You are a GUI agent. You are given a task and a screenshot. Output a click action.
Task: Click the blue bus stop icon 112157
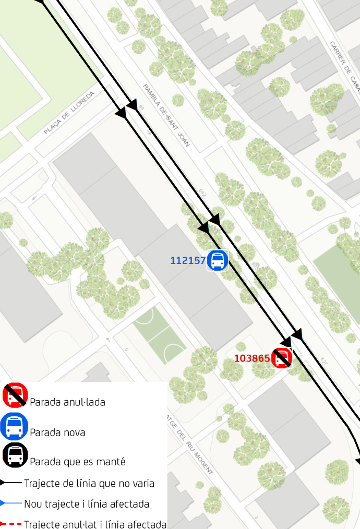click(x=218, y=260)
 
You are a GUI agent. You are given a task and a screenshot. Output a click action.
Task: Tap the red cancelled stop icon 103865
click(x=282, y=358)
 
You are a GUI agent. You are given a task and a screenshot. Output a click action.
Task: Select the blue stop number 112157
click(x=188, y=260)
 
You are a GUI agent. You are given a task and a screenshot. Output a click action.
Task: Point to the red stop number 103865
click(x=252, y=358)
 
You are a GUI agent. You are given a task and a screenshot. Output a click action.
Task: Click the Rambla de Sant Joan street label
click(x=166, y=115)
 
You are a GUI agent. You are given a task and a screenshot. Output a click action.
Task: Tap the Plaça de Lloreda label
click(x=69, y=112)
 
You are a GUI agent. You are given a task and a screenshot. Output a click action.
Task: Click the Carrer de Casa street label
click(x=344, y=66)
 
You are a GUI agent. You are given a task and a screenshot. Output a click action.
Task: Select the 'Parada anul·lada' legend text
click(x=67, y=402)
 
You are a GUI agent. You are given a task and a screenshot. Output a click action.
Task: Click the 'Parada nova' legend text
click(x=57, y=432)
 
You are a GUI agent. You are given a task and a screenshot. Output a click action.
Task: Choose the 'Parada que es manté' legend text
click(x=77, y=462)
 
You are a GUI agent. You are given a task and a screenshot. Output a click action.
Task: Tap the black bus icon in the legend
click(x=15, y=455)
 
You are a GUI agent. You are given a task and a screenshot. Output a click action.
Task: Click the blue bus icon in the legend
click(x=15, y=426)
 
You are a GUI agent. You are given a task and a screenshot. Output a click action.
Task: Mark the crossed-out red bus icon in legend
click(x=15, y=395)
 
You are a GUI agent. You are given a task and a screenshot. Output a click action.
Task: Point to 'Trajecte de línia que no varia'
click(x=89, y=484)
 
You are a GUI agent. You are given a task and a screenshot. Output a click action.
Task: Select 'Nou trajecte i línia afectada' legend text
click(x=86, y=504)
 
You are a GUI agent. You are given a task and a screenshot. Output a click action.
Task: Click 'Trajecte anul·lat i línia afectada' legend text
click(x=95, y=524)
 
